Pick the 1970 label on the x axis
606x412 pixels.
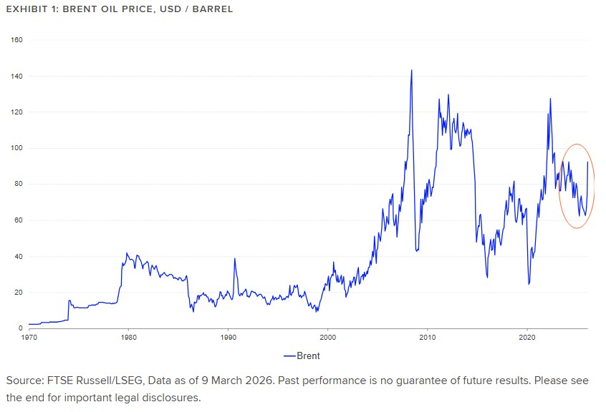coord(29,336)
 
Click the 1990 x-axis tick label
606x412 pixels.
coord(229,336)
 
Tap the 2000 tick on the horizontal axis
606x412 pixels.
coord(328,336)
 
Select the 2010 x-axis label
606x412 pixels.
coord(428,336)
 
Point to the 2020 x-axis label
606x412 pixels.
coord(527,336)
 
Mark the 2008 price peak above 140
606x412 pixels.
coord(411,71)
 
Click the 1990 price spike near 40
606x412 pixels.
coord(234,259)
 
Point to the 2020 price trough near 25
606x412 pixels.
coord(529,283)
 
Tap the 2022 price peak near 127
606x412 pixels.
coord(550,99)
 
